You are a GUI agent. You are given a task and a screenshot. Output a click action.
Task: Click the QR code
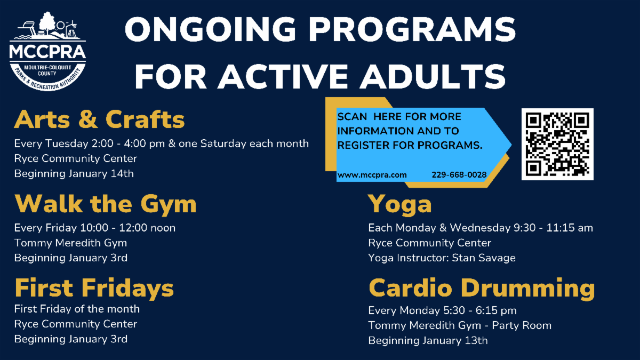[557, 144]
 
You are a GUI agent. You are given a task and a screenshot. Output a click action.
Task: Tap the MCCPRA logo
[47, 51]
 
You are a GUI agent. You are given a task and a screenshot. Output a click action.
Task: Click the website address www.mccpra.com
[372, 175]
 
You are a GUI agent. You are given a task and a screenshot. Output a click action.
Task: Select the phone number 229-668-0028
[459, 174]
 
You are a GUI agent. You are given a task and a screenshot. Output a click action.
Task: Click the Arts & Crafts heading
[99, 119]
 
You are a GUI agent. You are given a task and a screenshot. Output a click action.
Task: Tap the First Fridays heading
[94, 288]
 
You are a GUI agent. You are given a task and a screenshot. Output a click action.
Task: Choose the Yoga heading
[399, 205]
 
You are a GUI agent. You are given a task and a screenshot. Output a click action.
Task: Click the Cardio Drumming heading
[482, 289]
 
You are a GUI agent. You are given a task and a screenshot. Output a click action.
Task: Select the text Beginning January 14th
[74, 174]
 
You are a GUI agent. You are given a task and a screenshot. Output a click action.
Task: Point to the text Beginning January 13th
[428, 341]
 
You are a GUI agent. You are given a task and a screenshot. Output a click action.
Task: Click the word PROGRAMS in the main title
[412, 29]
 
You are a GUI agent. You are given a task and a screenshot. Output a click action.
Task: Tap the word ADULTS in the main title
[433, 76]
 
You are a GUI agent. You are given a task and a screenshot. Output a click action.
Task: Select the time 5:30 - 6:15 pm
[495, 310]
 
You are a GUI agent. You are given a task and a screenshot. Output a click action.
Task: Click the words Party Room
[522, 325]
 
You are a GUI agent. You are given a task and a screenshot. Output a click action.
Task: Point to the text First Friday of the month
[77, 309]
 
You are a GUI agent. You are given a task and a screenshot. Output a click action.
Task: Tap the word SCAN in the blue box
[352, 117]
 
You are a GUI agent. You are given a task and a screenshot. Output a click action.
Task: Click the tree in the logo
[47, 23]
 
